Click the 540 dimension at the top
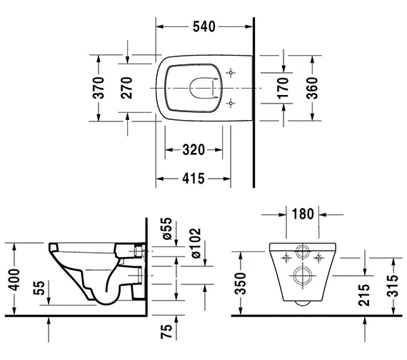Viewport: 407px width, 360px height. (204, 26)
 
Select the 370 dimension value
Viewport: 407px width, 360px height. (99, 88)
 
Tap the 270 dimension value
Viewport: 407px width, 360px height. (127, 88)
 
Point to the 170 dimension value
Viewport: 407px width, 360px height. (283, 88)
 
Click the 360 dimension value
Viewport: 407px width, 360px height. (312, 88)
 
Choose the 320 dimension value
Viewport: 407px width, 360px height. (194, 150)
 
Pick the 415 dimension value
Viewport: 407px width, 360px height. (194, 179)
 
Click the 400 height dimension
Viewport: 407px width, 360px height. (14, 280)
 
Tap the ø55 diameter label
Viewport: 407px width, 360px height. (166, 229)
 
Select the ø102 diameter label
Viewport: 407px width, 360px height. (196, 243)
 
